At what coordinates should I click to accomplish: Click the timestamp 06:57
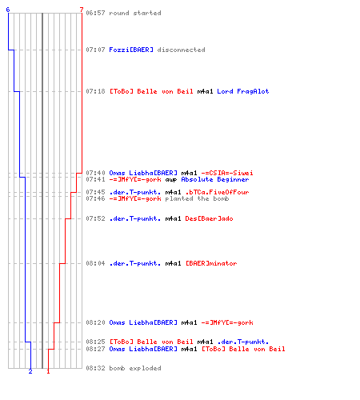point(95,13)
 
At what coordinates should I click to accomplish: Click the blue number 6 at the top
point(8,10)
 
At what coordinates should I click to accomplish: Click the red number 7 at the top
point(82,10)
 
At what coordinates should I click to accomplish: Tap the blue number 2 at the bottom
point(30,371)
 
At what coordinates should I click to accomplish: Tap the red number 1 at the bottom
point(48,371)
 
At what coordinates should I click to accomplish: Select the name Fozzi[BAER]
point(131,50)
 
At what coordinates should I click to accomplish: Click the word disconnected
point(182,50)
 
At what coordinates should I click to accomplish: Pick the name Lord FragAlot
point(243,91)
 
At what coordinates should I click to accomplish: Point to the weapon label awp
point(171,180)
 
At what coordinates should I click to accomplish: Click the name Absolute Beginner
point(215,179)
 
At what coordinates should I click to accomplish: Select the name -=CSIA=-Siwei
point(227,173)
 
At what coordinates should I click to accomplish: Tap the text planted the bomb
point(197,198)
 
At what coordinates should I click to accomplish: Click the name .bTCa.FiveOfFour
point(217,192)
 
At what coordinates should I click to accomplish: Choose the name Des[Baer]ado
point(209,218)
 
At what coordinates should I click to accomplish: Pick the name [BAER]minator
point(211,263)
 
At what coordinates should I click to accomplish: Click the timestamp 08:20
point(95,322)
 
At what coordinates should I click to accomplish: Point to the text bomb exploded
point(135,368)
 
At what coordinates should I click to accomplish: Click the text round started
point(135,13)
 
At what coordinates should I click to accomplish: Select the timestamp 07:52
point(95,218)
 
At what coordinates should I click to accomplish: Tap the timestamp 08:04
point(95,263)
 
